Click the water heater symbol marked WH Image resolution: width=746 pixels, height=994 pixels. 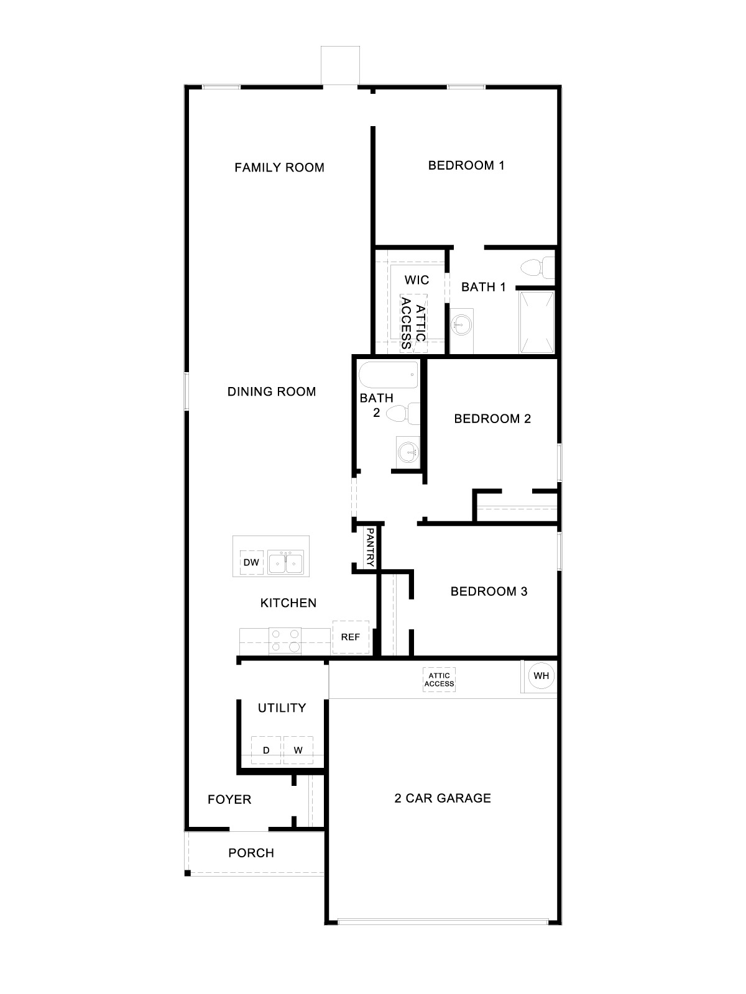click(x=541, y=676)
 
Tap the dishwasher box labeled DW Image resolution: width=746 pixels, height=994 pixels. click(x=251, y=563)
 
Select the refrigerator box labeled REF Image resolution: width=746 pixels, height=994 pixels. click(x=351, y=637)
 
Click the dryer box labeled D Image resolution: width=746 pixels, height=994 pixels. click(x=266, y=750)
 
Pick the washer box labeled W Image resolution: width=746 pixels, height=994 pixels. click(x=298, y=750)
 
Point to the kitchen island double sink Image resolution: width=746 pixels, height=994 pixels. click(x=285, y=563)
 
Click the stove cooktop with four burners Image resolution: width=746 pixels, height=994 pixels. click(x=285, y=641)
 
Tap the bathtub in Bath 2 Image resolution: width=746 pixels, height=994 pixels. click(x=389, y=375)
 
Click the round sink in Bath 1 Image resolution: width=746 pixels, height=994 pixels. click(x=461, y=324)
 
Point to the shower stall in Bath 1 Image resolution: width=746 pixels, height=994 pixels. click(x=536, y=321)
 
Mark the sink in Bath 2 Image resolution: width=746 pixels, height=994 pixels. click(x=408, y=452)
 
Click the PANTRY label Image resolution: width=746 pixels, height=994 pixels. click(x=370, y=547)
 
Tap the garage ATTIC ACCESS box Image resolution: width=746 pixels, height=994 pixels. click(x=440, y=680)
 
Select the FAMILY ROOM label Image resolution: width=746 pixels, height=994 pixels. click(x=279, y=167)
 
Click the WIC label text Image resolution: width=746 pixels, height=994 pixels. click(x=417, y=280)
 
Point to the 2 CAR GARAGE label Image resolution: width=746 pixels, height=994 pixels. click(x=443, y=798)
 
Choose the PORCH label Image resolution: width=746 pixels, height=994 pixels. click(x=251, y=853)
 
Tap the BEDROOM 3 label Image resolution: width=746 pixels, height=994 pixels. click(x=489, y=591)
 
